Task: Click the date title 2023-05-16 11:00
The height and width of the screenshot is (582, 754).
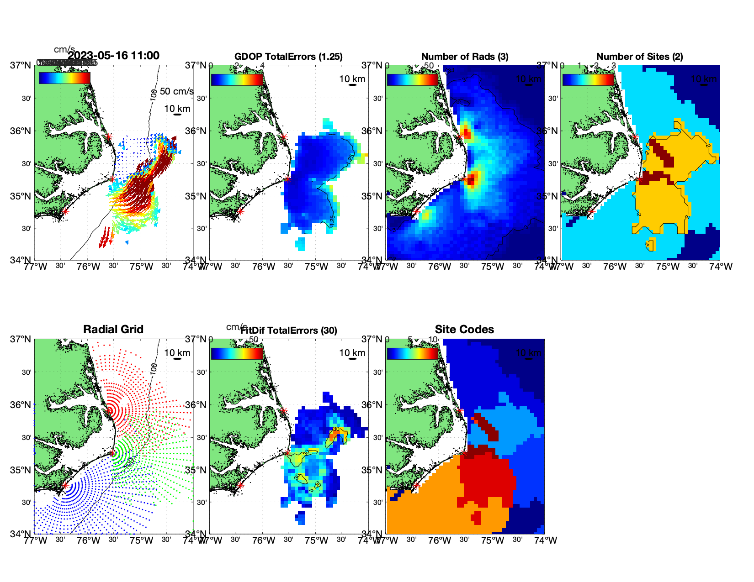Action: [x=113, y=56]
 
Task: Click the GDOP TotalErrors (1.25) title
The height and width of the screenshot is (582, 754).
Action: [x=288, y=57]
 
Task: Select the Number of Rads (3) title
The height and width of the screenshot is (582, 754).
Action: [x=465, y=57]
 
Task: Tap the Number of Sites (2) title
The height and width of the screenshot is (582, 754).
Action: [x=640, y=57]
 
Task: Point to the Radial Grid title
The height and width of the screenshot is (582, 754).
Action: [x=113, y=330]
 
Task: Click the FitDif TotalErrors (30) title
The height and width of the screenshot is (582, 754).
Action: [x=289, y=330]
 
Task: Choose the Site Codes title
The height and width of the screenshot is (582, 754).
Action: [x=464, y=330]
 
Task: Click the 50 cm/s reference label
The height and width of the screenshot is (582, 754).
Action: [x=177, y=91]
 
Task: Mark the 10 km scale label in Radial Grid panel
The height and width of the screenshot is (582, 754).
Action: [x=177, y=353]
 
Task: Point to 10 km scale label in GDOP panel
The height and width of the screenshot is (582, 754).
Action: [x=352, y=79]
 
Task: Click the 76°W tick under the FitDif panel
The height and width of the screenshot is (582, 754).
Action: [x=264, y=540]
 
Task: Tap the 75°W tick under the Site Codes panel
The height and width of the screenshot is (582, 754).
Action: [x=493, y=540]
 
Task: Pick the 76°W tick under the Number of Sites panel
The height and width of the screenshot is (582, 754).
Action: [x=615, y=267]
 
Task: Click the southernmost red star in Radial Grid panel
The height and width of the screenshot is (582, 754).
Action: [x=65, y=486]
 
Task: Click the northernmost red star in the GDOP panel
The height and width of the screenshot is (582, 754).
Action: [x=284, y=136]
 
